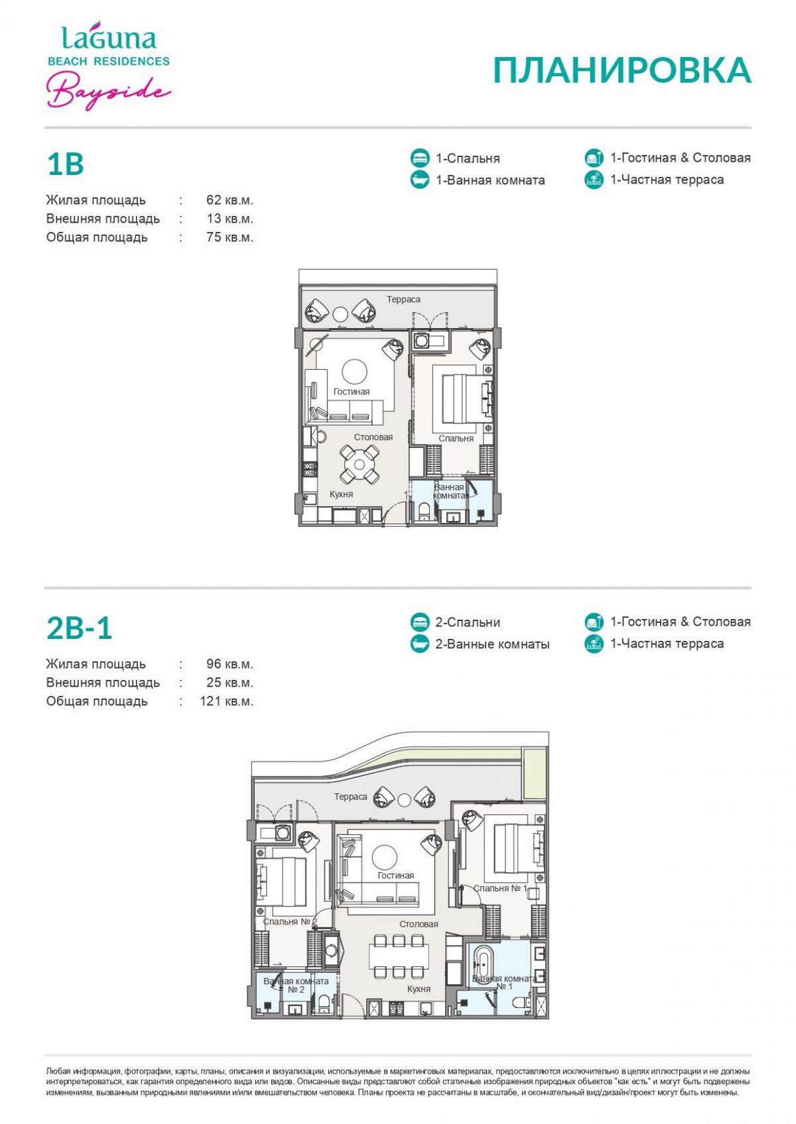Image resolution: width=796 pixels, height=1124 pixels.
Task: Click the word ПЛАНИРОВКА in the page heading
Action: coord(622,70)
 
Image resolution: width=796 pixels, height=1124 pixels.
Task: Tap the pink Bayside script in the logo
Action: coord(109,90)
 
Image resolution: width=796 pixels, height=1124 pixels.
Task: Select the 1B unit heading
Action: coord(65,164)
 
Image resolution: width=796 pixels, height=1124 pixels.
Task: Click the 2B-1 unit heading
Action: coord(79,628)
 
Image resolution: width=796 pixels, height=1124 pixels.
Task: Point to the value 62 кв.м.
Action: coord(230,200)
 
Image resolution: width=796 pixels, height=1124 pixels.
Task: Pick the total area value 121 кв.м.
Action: coord(226,701)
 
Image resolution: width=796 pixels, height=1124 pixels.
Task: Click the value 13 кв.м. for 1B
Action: coord(230,219)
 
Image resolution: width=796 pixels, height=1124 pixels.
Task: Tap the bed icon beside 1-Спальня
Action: coord(420,158)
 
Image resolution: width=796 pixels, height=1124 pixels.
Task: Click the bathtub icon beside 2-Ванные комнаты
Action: coord(420,644)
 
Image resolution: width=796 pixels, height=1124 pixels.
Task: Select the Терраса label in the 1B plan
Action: coord(403,300)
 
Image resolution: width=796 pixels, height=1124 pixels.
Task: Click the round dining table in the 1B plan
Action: coord(359,464)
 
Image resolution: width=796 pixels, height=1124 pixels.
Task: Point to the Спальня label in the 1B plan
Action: coord(456,439)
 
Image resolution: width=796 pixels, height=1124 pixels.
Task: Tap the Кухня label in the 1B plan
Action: coord(341,494)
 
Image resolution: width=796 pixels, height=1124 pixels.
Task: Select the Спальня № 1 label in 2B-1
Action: coord(500,889)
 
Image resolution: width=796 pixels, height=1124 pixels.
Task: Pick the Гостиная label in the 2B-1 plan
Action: coord(396,875)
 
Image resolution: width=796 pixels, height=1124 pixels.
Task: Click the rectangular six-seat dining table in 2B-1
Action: coord(399,956)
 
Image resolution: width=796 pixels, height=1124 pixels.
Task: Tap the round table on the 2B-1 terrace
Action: coord(404,801)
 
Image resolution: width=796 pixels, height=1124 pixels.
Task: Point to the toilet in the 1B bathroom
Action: coord(423,511)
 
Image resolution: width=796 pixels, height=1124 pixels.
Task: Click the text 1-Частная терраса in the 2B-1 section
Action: coord(667,644)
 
